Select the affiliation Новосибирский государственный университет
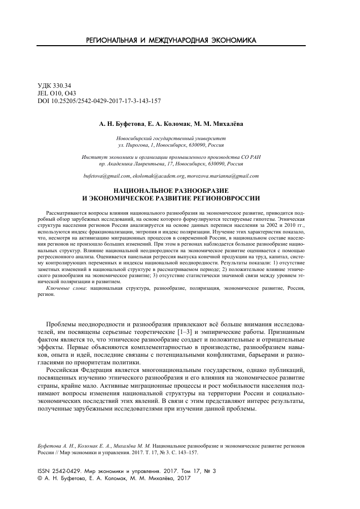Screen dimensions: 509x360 tap(171, 138)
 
